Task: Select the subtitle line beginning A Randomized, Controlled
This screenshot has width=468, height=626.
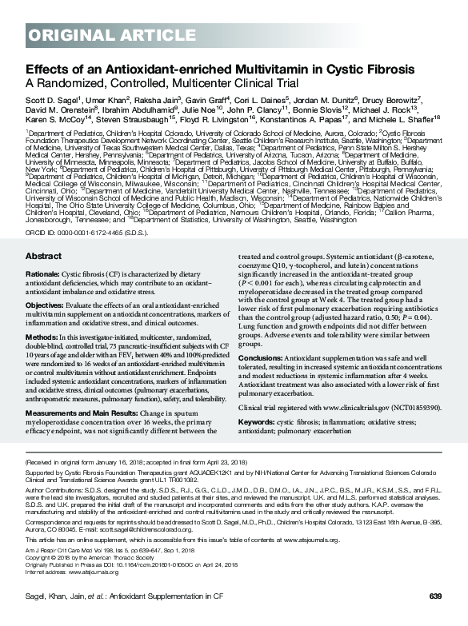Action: pos(162,82)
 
